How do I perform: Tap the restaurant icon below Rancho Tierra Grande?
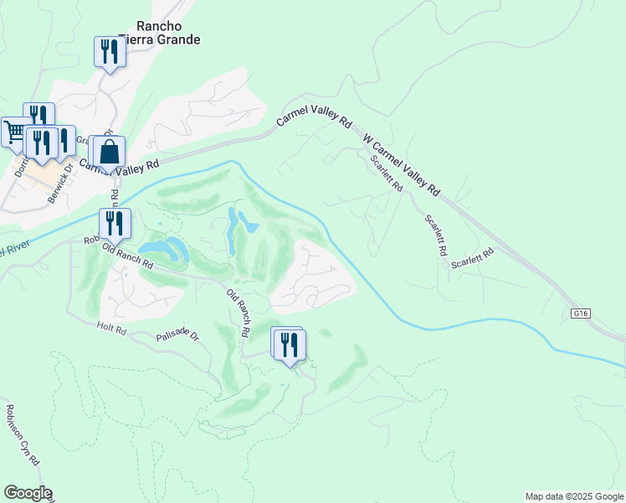(110, 53)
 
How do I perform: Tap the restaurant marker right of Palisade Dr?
(289, 345)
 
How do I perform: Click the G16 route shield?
(582, 314)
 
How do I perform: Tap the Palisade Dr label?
(177, 337)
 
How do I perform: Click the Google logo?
(28, 493)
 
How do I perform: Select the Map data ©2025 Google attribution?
(574, 496)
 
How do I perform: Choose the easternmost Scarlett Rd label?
(472, 258)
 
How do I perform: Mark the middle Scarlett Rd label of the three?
(436, 235)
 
